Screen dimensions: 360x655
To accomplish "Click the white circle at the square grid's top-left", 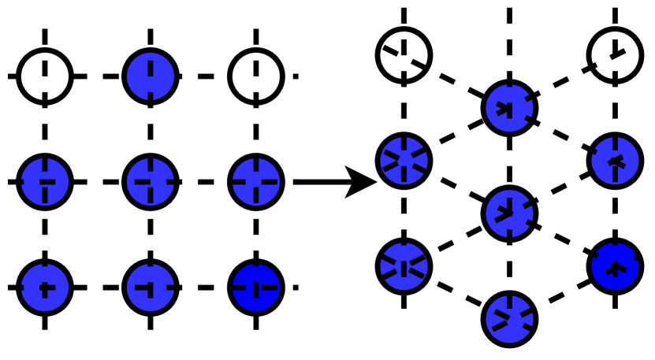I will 44,76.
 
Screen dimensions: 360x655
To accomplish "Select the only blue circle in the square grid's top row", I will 151,76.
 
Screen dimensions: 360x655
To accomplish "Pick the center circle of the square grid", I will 151,182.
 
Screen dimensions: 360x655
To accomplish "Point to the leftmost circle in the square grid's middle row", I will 44,182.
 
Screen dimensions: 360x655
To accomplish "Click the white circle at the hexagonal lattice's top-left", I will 404,53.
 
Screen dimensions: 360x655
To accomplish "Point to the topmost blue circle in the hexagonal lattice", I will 510,106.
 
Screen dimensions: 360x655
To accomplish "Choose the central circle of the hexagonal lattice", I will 510,211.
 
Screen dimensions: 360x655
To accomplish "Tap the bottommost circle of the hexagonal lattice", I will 510,317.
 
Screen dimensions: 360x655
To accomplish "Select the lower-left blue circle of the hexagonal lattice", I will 404,265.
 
